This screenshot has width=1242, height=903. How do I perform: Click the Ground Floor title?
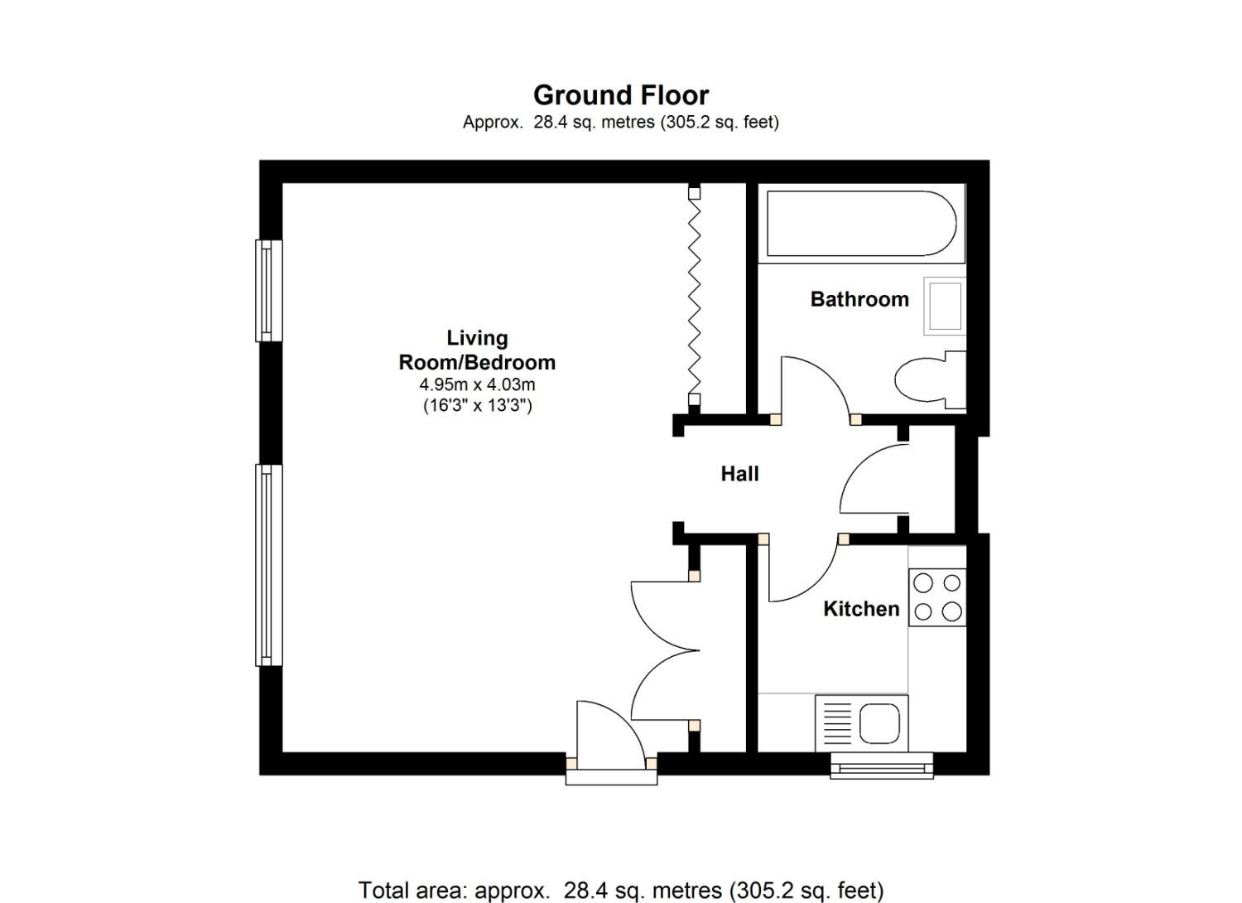(x=620, y=95)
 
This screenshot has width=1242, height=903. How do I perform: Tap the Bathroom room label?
(x=859, y=299)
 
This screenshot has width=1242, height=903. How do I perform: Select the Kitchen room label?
(x=860, y=609)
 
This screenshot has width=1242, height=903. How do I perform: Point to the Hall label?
(x=739, y=474)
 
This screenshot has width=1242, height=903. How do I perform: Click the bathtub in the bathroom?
(x=861, y=224)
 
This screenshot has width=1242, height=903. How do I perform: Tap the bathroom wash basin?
(x=945, y=306)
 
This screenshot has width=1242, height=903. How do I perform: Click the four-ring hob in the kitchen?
(x=937, y=597)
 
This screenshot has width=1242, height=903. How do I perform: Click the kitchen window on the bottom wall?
(x=882, y=765)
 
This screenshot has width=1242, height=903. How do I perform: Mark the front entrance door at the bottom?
(x=611, y=737)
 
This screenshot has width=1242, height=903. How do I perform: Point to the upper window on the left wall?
(x=267, y=290)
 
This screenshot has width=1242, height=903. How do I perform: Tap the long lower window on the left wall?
(x=266, y=565)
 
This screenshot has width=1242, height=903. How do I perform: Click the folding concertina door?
(x=695, y=298)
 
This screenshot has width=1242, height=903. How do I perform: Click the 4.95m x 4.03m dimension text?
(x=477, y=384)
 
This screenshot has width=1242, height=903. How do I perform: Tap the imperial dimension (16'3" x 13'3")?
(x=477, y=405)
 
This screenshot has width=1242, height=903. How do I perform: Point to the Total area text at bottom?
(x=620, y=891)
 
